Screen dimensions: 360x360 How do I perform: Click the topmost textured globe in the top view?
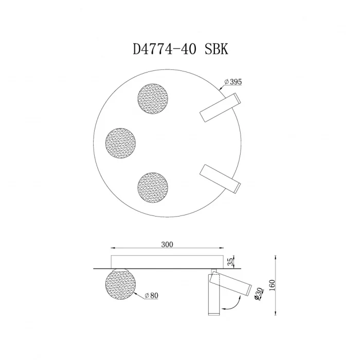[153, 98]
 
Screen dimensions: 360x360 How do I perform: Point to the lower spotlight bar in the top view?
[220, 178]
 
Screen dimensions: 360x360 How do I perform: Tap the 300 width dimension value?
[167, 245]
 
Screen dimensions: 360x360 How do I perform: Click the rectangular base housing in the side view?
[167, 260]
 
